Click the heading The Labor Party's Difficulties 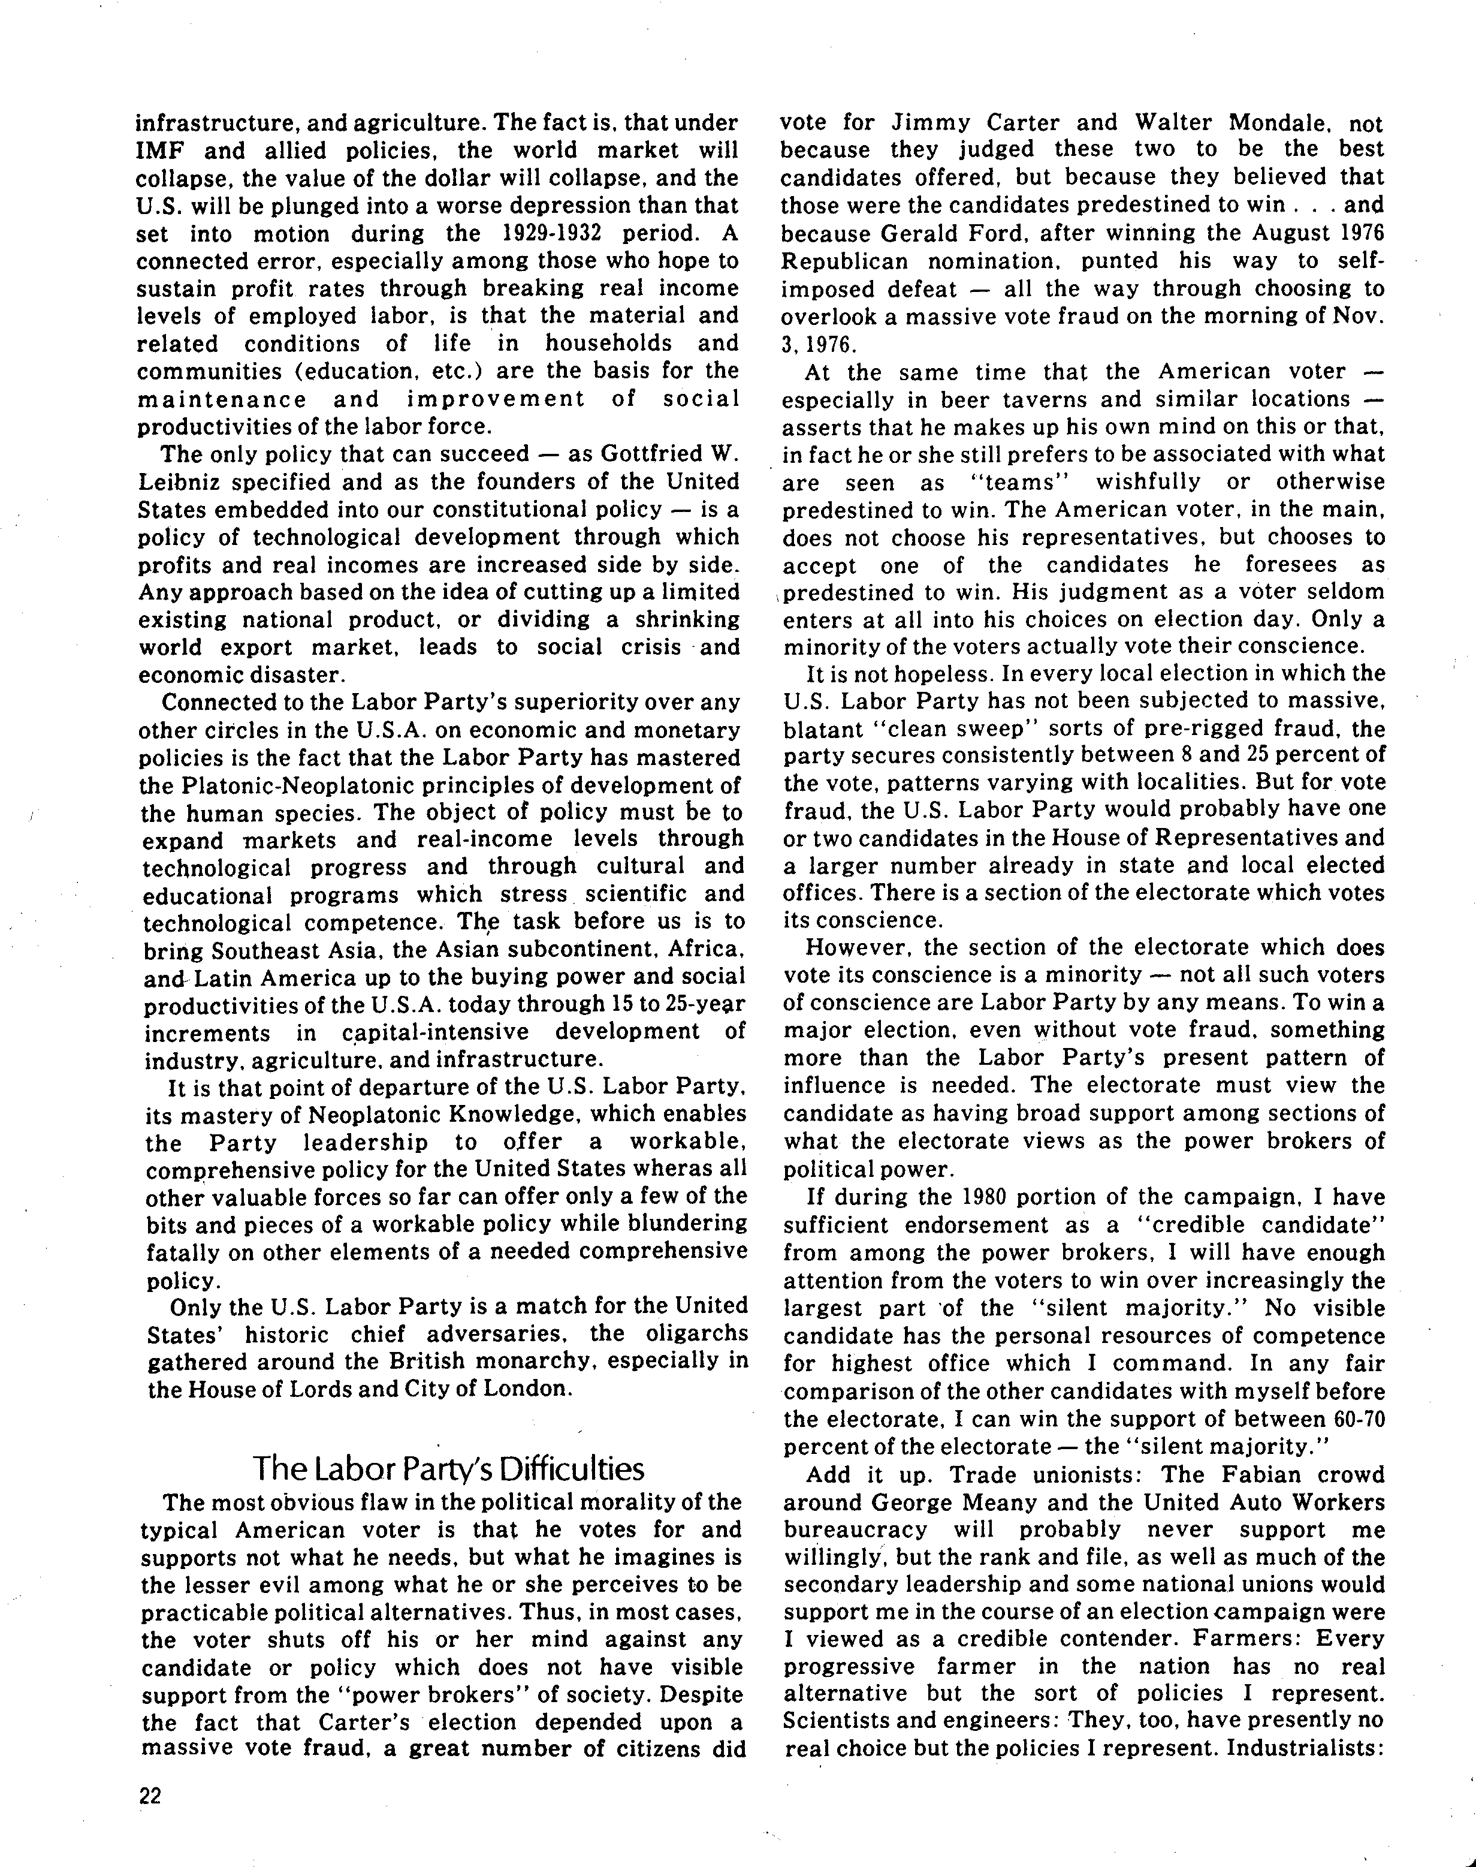448,1468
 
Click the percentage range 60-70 1357,1419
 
